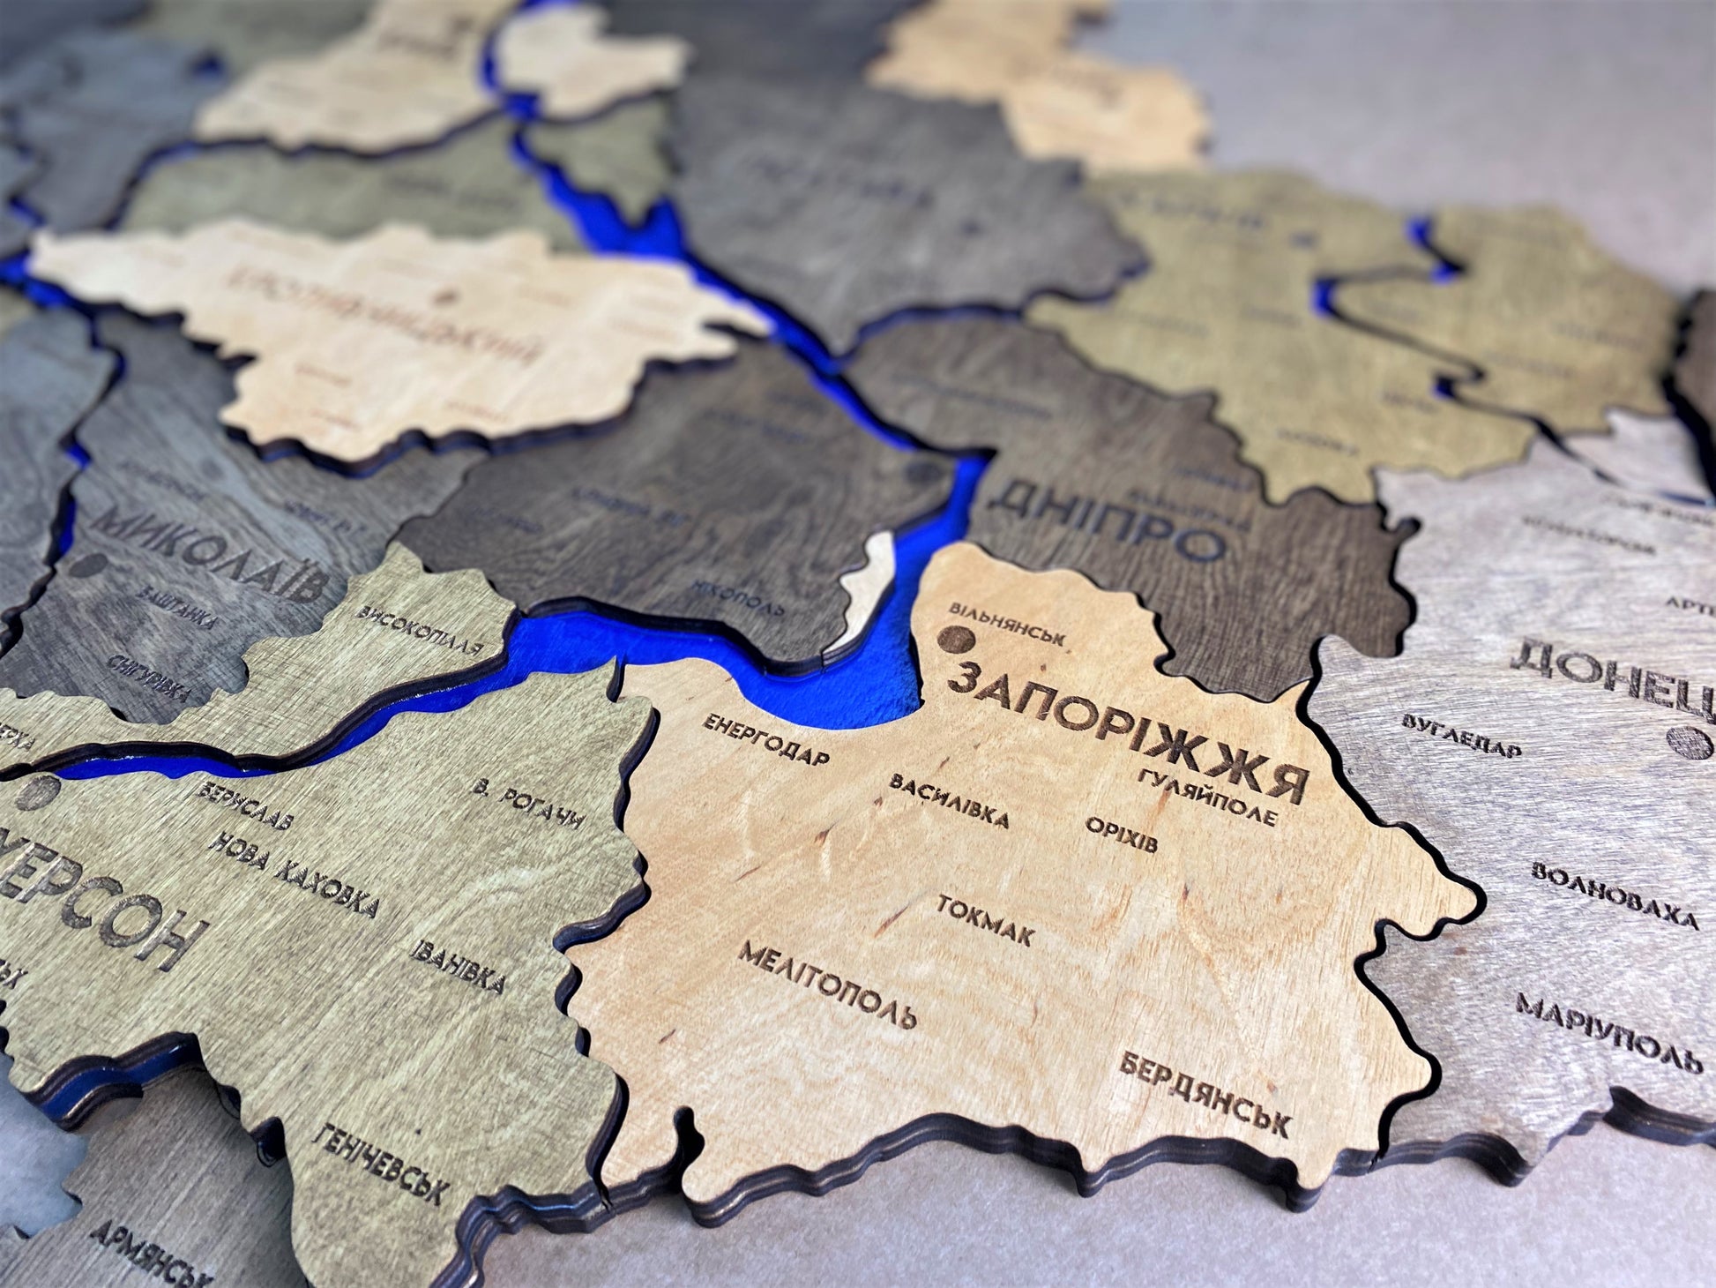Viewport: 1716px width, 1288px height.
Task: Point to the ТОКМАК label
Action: pyautogui.click(x=985, y=920)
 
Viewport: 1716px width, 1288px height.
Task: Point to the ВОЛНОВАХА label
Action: pyautogui.click(x=1614, y=895)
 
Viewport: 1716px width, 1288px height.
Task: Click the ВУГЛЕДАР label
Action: pyautogui.click(x=1461, y=736)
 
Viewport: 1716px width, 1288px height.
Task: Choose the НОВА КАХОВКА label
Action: pyautogui.click(x=295, y=873)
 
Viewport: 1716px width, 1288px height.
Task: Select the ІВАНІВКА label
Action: pyautogui.click(x=457, y=964)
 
